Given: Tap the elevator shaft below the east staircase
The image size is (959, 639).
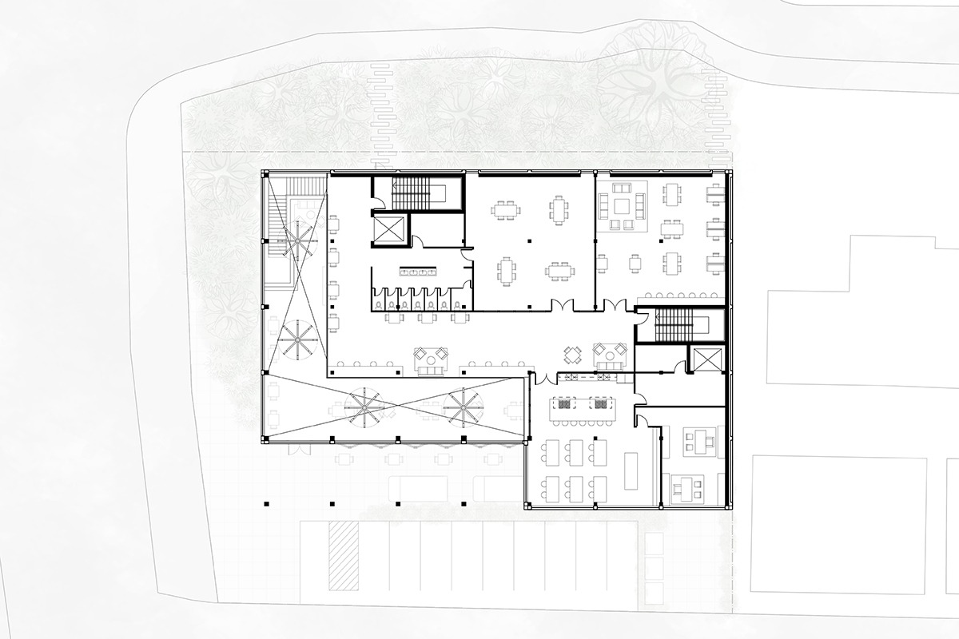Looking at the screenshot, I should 707,360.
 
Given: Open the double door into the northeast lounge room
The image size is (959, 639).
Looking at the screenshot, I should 617,306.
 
